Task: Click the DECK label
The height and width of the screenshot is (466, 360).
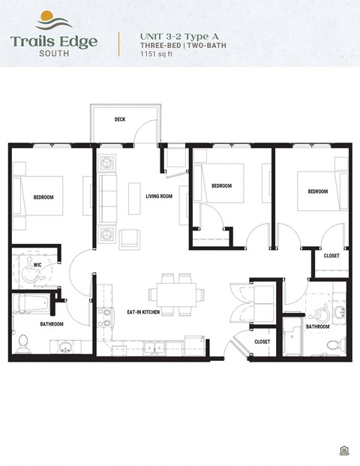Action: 120,119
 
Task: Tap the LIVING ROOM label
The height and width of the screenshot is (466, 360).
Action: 159,197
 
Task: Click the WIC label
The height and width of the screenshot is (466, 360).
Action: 37,265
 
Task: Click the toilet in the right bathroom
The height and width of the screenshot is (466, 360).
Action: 333,344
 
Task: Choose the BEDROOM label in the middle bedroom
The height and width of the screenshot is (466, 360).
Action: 221,186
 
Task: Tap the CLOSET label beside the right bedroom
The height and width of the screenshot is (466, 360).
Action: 331,256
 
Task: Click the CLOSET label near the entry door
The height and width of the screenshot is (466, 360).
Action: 262,341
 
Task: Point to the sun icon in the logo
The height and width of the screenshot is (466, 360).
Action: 45,16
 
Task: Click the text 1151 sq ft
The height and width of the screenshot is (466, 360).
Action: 157,56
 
